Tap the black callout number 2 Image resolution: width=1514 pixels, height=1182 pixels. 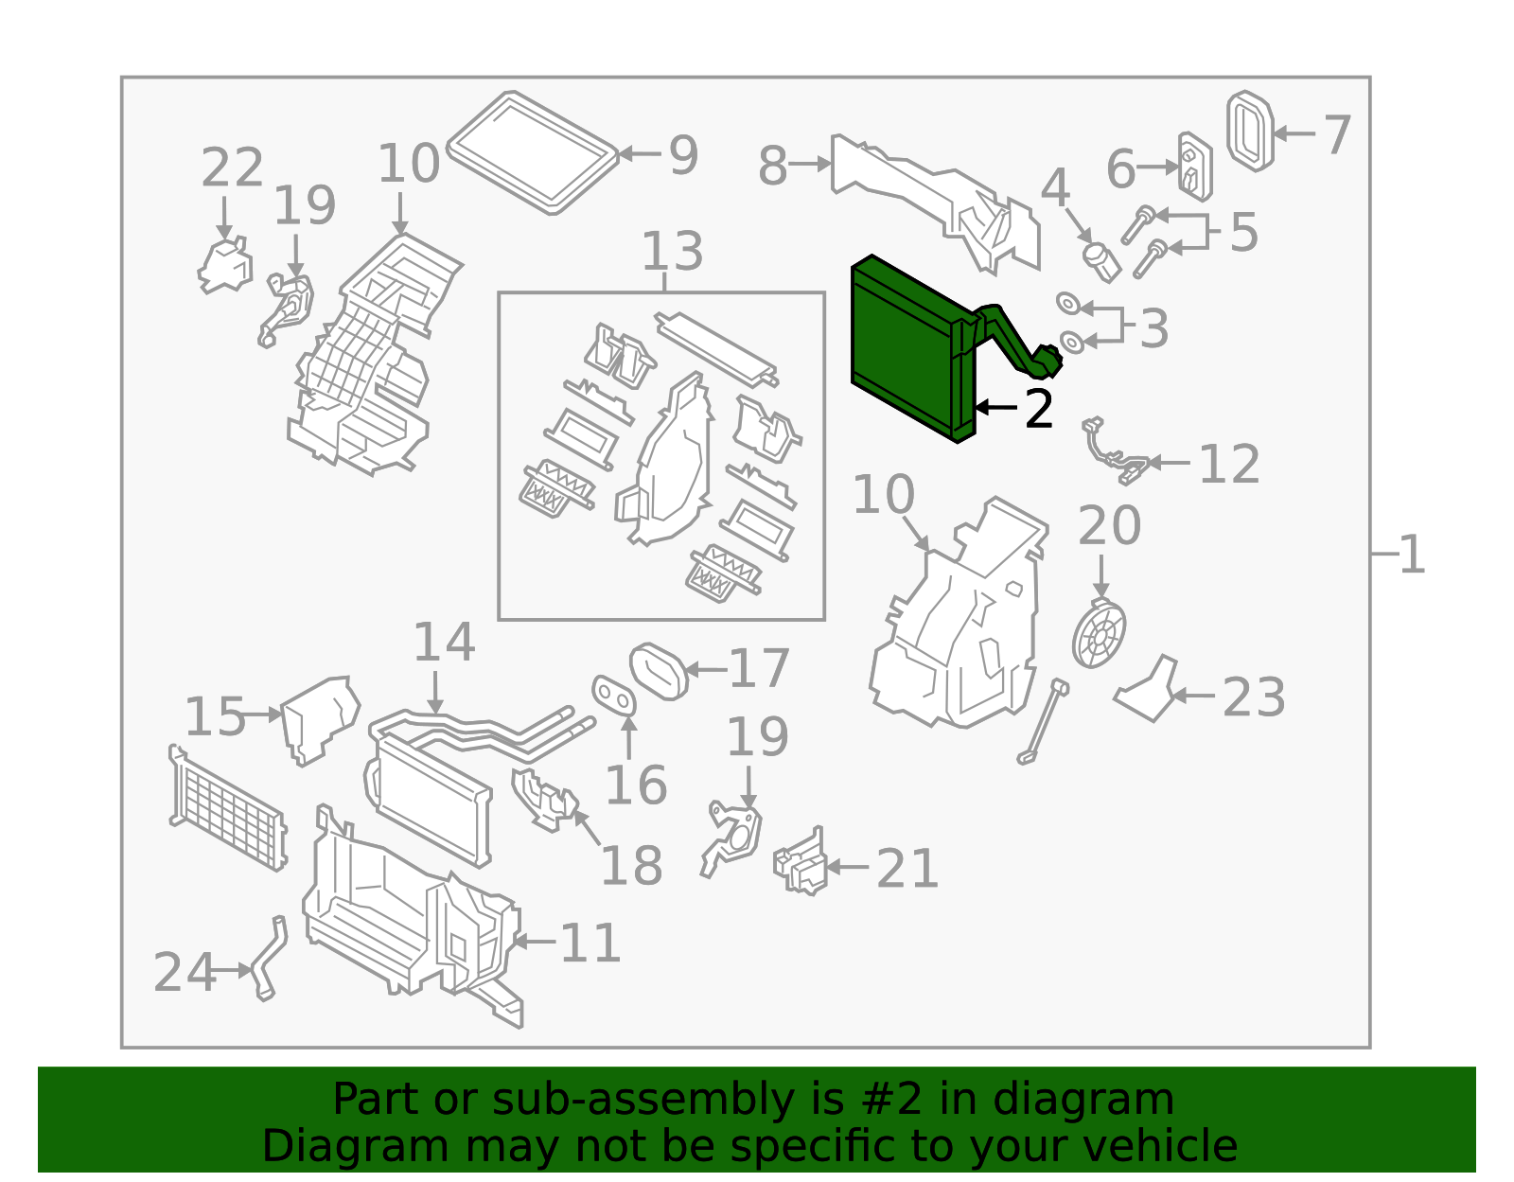tap(1039, 409)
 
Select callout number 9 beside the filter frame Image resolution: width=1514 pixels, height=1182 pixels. tap(683, 155)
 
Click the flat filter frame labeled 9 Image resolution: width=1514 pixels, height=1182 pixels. tap(533, 151)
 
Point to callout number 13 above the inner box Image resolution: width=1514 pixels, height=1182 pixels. tap(672, 252)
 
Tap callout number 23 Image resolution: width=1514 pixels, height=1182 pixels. tap(1254, 697)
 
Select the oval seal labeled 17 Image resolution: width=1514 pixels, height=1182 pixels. tap(660, 671)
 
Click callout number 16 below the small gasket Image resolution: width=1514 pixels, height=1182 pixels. tap(635, 785)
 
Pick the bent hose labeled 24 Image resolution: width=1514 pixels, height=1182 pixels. tap(268, 958)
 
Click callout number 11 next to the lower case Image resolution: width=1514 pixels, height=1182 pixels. tap(590, 943)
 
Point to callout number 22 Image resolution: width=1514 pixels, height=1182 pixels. tap(231, 168)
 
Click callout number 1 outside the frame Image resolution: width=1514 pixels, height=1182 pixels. tap(1411, 554)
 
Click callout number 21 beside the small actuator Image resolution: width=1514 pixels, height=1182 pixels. tap(907, 868)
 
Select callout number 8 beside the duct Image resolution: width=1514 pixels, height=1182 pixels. tap(772, 166)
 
